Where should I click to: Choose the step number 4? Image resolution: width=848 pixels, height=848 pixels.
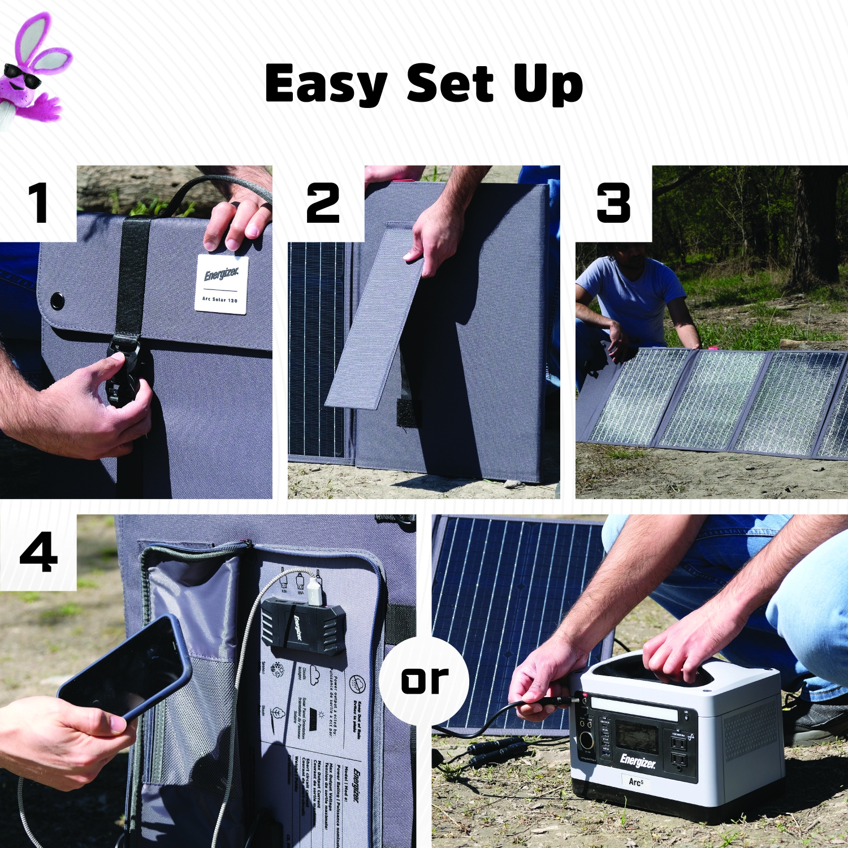(x=38, y=552)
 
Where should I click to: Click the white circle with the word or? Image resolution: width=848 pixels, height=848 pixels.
(x=424, y=680)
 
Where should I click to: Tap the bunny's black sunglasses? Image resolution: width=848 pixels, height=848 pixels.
(x=23, y=76)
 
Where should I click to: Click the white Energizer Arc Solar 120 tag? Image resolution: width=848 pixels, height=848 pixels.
(x=221, y=284)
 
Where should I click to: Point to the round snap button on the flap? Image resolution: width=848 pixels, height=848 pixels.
(x=57, y=301)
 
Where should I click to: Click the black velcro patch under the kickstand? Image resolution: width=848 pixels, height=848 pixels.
(x=408, y=413)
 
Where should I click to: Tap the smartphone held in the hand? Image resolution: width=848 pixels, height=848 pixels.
(x=124, y=667)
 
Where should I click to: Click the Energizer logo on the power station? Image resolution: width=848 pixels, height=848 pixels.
(x=638, y=761)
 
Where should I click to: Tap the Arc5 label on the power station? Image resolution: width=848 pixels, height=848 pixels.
(x=636, y=782)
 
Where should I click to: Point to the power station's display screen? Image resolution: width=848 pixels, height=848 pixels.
(x=636, y=735)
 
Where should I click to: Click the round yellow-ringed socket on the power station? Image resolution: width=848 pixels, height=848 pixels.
(x=586, y=739)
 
